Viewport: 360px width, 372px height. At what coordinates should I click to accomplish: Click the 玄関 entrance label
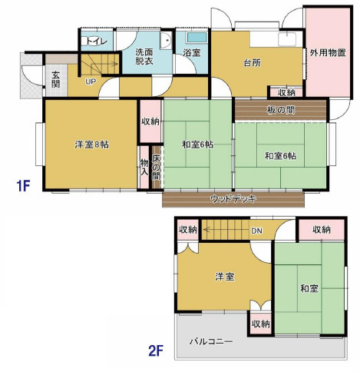point(56,79)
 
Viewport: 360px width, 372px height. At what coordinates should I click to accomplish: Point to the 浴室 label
point(191,53)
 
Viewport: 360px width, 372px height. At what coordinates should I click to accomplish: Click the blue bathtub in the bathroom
point(197,37)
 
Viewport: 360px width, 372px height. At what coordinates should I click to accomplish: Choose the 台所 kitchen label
point(253,63)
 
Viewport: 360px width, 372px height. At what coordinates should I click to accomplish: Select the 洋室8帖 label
point(91,145)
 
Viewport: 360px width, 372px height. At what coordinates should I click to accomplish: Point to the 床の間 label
point(156,167)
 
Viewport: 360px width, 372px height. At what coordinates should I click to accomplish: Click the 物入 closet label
point(144,167)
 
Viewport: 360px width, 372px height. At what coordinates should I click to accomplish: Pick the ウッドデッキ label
point(233,199)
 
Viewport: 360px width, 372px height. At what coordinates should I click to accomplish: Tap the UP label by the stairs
point(91,81)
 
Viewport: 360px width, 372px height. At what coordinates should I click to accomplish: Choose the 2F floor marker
point(156,350)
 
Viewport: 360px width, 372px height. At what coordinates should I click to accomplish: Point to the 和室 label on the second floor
point(309,288)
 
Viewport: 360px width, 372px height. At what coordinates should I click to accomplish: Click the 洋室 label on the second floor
point(224,277)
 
